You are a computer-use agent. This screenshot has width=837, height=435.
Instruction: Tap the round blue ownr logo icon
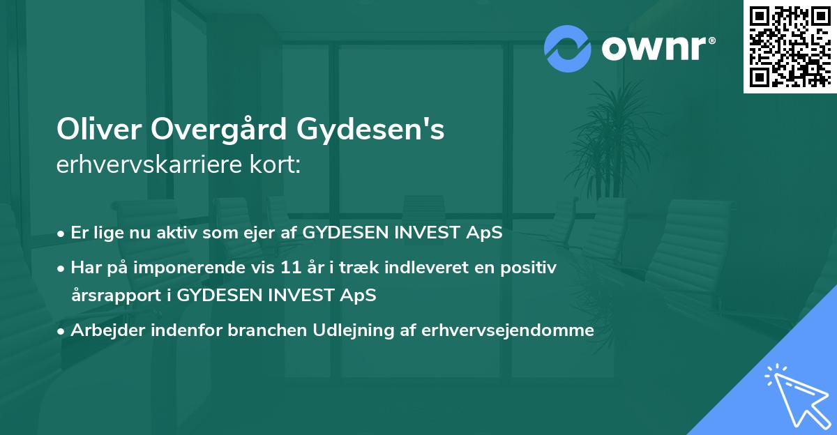click(567, 47)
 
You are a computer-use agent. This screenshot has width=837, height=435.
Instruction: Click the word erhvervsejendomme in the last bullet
click(508, 330)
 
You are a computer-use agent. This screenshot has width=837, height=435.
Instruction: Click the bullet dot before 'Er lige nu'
click(63, 234)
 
